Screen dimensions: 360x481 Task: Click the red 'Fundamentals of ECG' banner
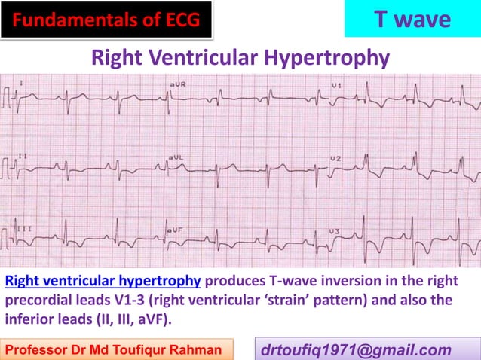106,20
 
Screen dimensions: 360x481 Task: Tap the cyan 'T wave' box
412,20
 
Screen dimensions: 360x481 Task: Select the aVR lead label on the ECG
178,84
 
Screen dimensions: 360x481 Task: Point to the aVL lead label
176,157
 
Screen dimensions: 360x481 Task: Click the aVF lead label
175,229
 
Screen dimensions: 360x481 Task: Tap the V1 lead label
336,86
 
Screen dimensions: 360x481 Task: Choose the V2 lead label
336,158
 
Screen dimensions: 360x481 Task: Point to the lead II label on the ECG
23,157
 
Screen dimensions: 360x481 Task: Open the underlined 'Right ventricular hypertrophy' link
103,282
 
